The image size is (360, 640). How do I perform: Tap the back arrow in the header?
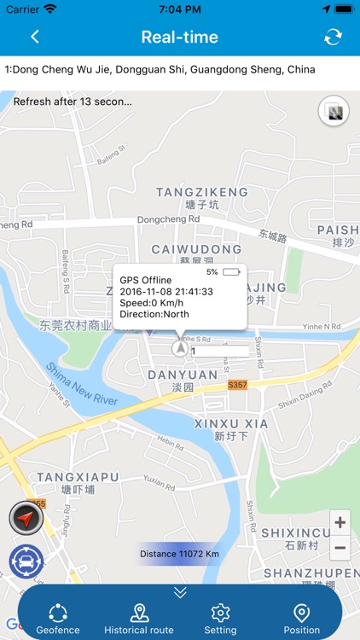[x=35, y=37]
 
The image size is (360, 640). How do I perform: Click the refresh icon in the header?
[x=333, y=37]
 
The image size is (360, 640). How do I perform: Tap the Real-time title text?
[x=179, y=37]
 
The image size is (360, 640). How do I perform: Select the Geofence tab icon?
[x=58, y=614]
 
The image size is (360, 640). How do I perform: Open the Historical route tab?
[x=139, y=614]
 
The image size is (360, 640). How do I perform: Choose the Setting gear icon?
[x=220, y=614]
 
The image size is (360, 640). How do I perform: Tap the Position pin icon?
[x=301, y=614]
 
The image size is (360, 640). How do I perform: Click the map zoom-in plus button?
[x=340, y=522]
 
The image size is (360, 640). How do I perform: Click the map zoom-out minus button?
[x=340, y=547]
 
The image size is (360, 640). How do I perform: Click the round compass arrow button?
[x=26, y=519]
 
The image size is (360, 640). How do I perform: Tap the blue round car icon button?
[x=26, y=561]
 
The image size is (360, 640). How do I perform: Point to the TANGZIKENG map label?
[x=202, y=192]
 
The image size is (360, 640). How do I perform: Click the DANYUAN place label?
[x=183, y=375]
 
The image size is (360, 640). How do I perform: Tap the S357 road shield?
[x=237, y=385]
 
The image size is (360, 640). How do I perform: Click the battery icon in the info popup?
[x=231, y=272]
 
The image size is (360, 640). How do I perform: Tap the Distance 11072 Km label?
[x=179, y=554]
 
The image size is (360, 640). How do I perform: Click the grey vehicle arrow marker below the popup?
[x=180, y=349]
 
